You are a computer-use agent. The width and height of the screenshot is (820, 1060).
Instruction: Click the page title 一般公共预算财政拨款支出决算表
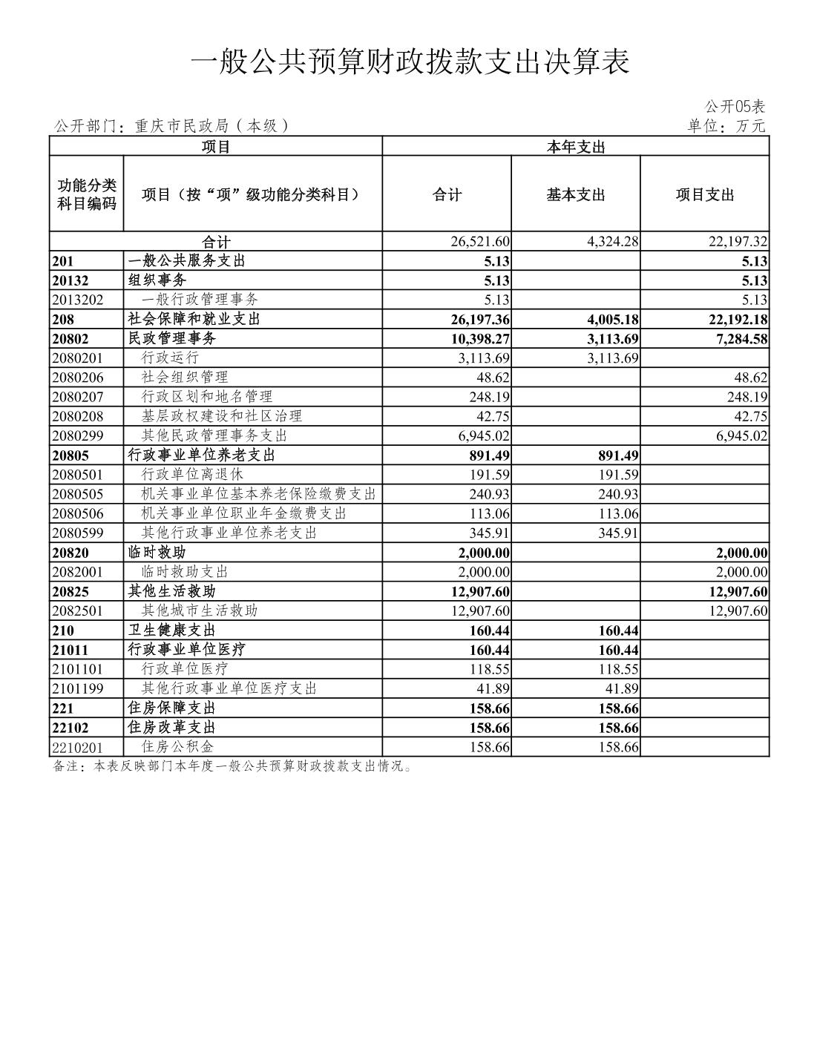pos(410,62)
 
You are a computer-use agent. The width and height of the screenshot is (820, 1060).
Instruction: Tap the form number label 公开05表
pos(735,107)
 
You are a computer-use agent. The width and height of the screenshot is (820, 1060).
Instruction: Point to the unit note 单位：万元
pos(726,126)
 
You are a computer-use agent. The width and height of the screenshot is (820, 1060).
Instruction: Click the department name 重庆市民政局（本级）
pos(211,126)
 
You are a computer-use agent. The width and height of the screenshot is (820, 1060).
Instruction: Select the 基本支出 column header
pos(576,195)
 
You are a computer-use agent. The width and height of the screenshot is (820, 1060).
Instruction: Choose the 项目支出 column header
pos(704,195)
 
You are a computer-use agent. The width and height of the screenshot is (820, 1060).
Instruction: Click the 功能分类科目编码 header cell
pos(87,194)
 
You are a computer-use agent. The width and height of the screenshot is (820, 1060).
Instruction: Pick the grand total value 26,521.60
pos(480,242)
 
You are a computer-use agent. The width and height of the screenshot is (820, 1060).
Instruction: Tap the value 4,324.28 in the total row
pos(612,242)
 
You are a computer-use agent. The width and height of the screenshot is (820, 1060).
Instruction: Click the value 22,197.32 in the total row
pos(738,242)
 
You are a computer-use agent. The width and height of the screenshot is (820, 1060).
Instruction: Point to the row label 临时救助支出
pos(185,572)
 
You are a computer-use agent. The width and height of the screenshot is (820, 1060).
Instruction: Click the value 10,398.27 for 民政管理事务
pos(480,339)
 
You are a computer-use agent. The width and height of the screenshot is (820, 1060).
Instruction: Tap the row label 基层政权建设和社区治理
pos(222,416)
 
